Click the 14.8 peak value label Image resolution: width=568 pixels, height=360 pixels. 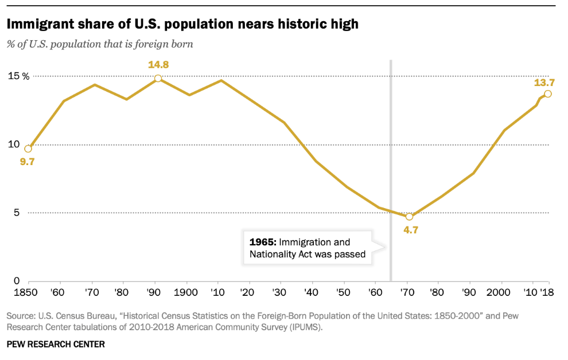coord(158,65)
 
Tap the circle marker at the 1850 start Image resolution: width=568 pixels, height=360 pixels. coord(28,149)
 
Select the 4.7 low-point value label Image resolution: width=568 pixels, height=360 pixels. coord(411,232)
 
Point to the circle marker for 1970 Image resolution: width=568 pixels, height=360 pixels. coord(409,217)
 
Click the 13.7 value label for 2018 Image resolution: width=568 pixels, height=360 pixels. coord(544,83)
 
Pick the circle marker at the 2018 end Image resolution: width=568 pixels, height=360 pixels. coord(548,94)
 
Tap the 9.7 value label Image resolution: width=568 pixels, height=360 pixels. coord(28,162)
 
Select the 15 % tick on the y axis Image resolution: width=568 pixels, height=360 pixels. coord(18,76)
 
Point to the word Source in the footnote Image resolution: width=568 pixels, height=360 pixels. coord(21,316)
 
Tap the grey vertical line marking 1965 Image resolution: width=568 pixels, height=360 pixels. coord(391,172)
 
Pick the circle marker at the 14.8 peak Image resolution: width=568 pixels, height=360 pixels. coord(158,78)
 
